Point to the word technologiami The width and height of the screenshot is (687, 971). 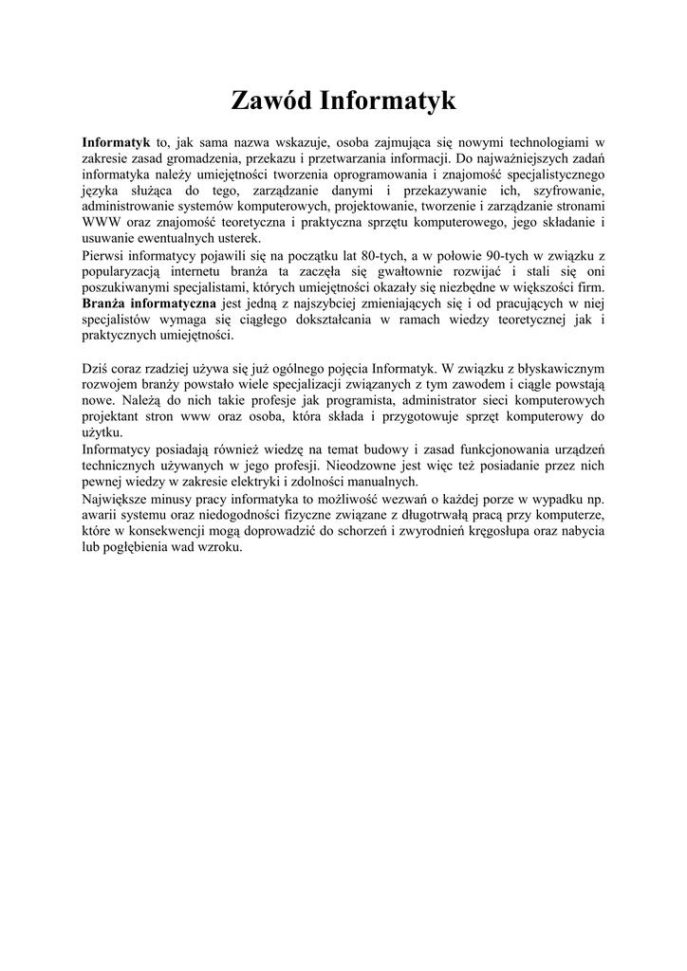546,141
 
